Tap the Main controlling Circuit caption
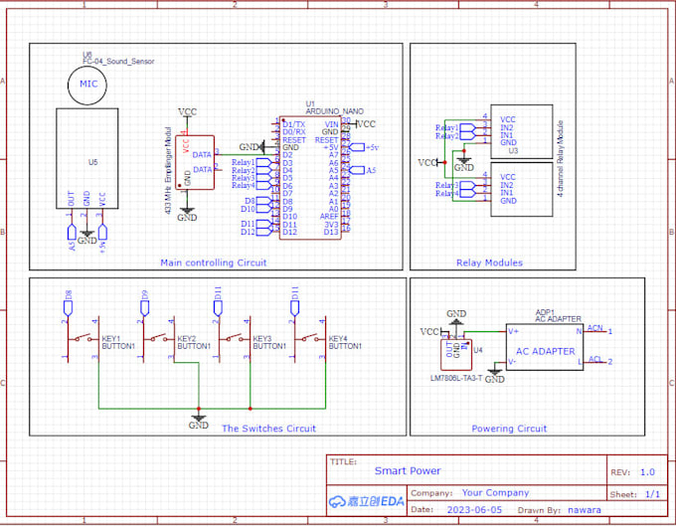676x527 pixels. click(213, 263)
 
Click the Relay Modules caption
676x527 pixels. click(489, 263)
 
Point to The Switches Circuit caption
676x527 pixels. click(268, 429)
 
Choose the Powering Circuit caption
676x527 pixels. click(509, 429)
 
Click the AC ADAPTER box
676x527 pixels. click(545, 350)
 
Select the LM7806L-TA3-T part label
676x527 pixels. click(456, 378)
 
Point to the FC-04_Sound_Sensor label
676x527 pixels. click(118, 62)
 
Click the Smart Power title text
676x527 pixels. click(408, 471)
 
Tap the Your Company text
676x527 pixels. click(496, 492)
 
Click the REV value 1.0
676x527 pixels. click(647, 472)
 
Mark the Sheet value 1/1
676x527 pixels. click(652, 493)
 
